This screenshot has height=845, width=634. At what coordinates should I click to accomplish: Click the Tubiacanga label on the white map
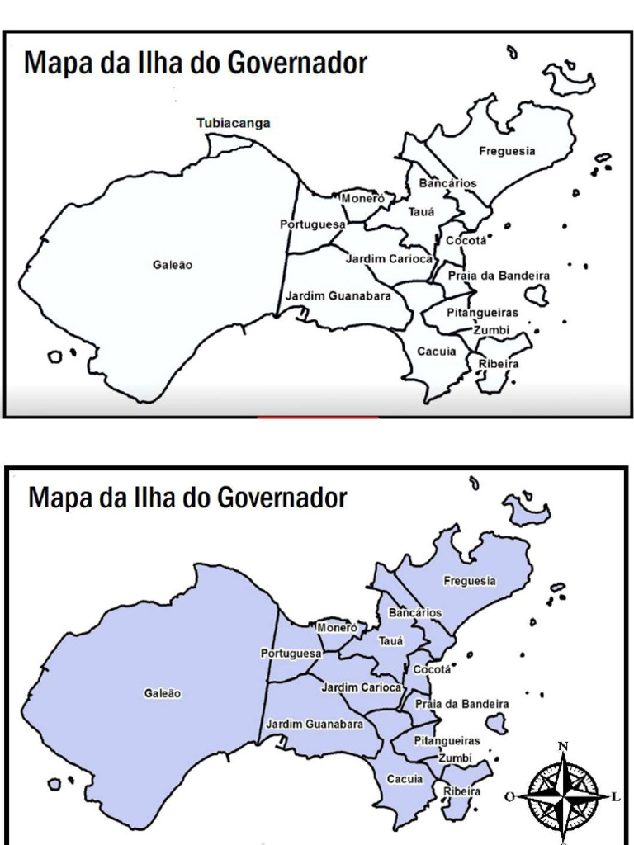click(x=233, y=123)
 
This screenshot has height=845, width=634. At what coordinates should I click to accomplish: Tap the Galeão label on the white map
click(x=173, y=265)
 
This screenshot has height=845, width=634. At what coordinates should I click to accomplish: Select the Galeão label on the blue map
click(x=163, y=694)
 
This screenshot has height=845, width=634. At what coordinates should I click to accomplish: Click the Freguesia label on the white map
click(x=507, y=151)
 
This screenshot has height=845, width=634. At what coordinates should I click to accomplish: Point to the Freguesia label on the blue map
click(x=470, y=581)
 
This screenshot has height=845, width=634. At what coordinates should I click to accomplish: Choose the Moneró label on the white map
click(x=362, y=199)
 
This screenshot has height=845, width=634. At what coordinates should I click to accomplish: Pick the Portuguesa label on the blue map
click(x=291, y=654)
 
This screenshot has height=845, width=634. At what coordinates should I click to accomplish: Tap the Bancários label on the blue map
click(x=415, y=613)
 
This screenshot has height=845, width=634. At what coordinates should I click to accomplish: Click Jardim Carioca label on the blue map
click(x=361, y=687)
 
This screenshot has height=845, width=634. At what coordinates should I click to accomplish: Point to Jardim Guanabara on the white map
click(x=338, y=295)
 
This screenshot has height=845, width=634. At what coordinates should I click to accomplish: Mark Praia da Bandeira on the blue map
click(x=461, y=704)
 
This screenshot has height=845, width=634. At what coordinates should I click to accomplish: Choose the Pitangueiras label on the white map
click(x=483, y=313)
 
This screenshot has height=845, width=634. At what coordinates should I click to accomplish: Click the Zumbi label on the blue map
click(x=455, y=758)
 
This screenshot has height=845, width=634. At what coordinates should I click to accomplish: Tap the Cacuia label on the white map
click(x=437, y=352)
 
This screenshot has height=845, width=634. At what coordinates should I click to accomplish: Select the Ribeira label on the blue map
click(x=461, y=791)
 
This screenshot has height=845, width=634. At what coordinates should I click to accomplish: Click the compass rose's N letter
click(x=563, y=747)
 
